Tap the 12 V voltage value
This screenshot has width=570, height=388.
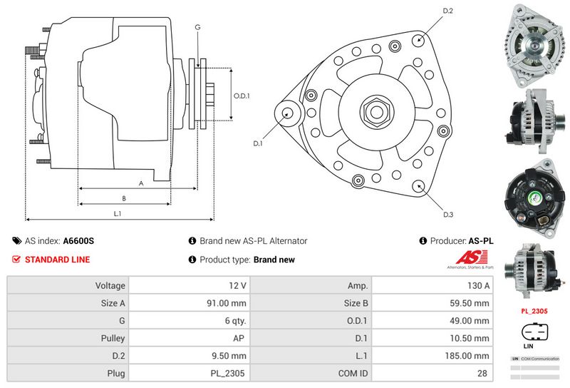(x=238, y=285)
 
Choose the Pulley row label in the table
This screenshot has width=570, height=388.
(x=113, y=338)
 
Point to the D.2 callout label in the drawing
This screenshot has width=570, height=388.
(x=448, y=11)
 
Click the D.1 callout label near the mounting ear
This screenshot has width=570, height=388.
(x=258, y=143)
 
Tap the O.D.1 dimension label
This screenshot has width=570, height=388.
(x=242, y=96)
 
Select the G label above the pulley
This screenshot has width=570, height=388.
(x=197, y=27)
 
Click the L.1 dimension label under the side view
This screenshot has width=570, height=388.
(x=118, y=213)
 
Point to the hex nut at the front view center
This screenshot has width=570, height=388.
(x=373, y=111)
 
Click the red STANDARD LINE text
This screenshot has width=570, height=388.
(x=57, y=260)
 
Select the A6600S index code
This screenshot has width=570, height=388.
(x=78, y=241)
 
